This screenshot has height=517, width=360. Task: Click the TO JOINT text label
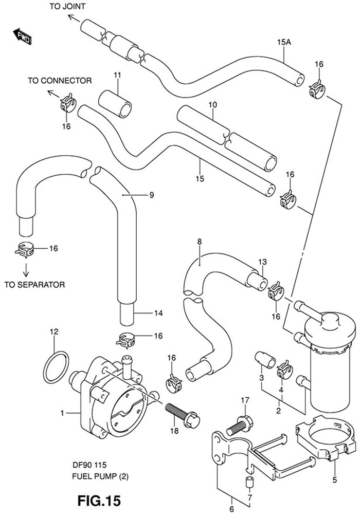coord(67,6)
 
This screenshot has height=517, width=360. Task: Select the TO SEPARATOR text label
coord(34,284)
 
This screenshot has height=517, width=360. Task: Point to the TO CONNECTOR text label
coord(60,81)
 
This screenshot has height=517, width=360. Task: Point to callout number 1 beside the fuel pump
coord(62,413)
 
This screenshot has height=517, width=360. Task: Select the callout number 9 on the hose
coord(152,195)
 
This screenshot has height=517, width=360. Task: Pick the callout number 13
coord(262,262)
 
